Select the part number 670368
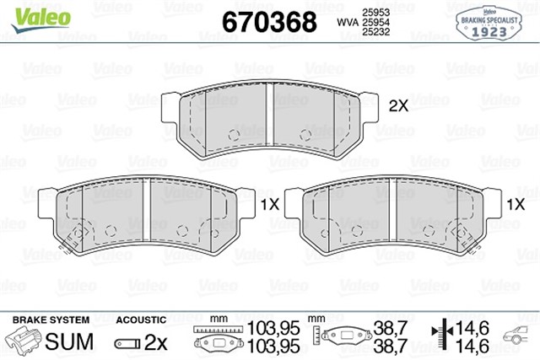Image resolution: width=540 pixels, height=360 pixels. pyautogui.click(x=267, y=20)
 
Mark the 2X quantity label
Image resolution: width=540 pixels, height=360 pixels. pyautogui.click(x=397, y=106)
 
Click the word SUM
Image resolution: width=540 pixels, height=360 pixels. pyautogui.click(x=63, y=342)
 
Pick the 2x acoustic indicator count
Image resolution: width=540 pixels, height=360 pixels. pyautogui.click(x=156, y=342)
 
